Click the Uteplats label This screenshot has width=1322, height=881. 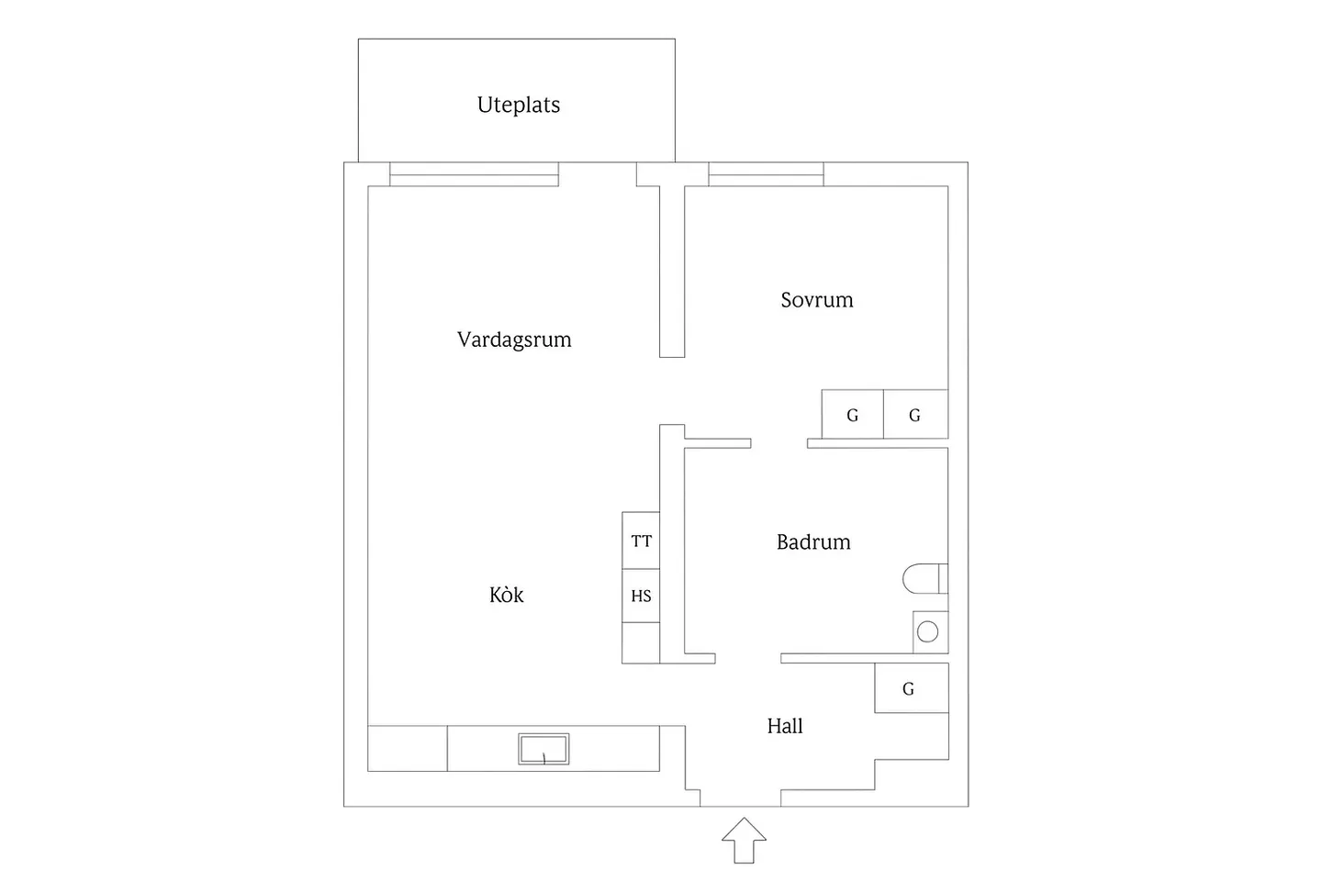tap(518, 105)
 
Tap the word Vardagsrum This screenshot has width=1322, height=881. tap(514, 340)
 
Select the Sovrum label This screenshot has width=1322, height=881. tap(817, 300)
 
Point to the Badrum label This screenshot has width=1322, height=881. tap(813, 541)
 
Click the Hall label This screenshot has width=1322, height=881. tap(785, 726)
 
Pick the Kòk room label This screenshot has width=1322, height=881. tap(507, 595)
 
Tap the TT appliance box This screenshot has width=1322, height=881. tap(641, 541)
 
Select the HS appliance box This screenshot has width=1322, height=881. tap(641, 596)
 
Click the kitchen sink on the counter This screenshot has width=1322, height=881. tap(543, 749)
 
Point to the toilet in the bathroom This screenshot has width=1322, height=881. tap(924, 578)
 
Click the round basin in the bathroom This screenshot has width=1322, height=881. tap(928, 632)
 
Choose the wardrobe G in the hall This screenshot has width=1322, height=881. tap(912, 687)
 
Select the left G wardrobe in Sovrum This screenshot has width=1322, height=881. tap(853, 414)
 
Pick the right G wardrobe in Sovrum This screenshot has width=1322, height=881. tap(916, 414)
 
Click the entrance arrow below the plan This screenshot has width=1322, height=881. tap(744, 841)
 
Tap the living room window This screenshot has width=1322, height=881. tap(474, 174)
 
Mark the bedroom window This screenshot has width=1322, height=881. tap(766, 174)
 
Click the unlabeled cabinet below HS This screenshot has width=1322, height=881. tap(641, 642)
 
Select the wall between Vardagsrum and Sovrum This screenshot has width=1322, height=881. tap(672, 272)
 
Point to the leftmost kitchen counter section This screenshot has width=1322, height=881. tap(408, 748)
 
